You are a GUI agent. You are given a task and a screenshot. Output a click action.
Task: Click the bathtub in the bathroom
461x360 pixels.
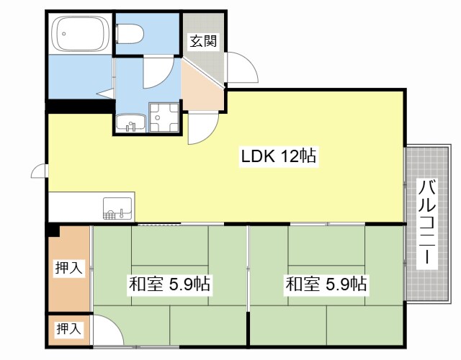(81, 34)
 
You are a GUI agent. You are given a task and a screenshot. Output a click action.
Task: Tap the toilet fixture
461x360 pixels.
(130, 33)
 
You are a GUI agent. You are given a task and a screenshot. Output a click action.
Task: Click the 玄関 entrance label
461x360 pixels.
(203, 41)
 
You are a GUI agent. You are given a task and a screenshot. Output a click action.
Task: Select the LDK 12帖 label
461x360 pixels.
(279, 156)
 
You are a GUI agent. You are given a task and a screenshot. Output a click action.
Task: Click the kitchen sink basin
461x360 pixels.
(117, 208)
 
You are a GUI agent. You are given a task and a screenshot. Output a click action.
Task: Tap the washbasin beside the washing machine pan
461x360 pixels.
(131, 123)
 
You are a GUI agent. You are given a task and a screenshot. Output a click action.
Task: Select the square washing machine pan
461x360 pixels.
(164, 117)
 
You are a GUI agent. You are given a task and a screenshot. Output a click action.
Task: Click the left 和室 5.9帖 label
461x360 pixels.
(170, 284)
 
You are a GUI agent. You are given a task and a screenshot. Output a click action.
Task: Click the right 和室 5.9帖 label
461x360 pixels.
(326, 284)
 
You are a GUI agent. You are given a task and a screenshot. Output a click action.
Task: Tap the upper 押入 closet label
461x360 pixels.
(69, 268)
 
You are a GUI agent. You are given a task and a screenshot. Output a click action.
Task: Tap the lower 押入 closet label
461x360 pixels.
(69, 328)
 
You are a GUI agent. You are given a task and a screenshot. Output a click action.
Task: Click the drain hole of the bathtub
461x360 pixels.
(64, 34)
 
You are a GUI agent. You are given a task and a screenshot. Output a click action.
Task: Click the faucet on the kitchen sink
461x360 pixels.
(121, 213)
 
